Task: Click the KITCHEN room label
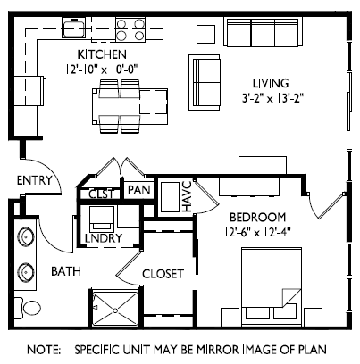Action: (x=102, y=54)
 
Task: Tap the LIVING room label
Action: (x=271, y=83)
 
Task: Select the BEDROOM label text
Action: (x=257, y=218)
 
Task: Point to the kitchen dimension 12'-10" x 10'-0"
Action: (x=102, y=70)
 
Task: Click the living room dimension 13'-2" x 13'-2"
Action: (x=271, y=98)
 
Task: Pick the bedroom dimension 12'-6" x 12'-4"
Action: (x=257, y=232)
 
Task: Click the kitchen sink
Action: (x=73, y=28)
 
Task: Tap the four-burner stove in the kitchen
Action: (x=130, y=29)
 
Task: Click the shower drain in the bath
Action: (x=115, y=310)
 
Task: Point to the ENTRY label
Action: (x=34, y=180)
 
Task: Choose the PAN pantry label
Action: (x=138, y=190)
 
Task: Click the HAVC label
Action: (x=188, y=196)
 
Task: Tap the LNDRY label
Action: (x=104, y=238)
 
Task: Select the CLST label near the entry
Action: (x=101, y=194)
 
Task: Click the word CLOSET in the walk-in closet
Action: (x=163, y=274)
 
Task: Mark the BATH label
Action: (x=66, y=271)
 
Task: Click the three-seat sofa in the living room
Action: (x=263, y=32)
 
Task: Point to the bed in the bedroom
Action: (x=272, y=286)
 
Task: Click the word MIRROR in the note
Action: (x=218, y=350)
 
